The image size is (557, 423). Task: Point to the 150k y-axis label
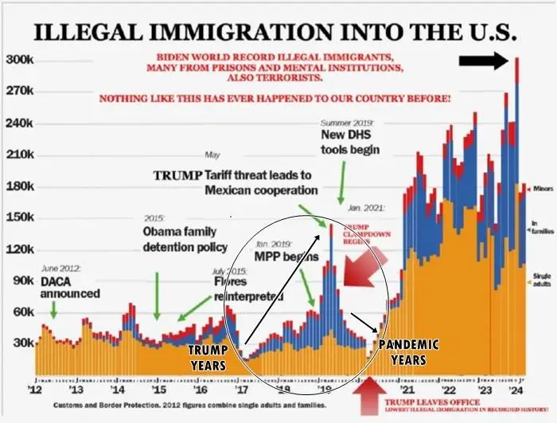pos(18,217)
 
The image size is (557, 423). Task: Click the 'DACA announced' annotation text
pos(70,288)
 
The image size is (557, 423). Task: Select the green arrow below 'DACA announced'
pos(53,311)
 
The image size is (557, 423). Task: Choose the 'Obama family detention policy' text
pos(185,239)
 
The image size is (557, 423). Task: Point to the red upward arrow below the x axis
pos(368,398)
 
